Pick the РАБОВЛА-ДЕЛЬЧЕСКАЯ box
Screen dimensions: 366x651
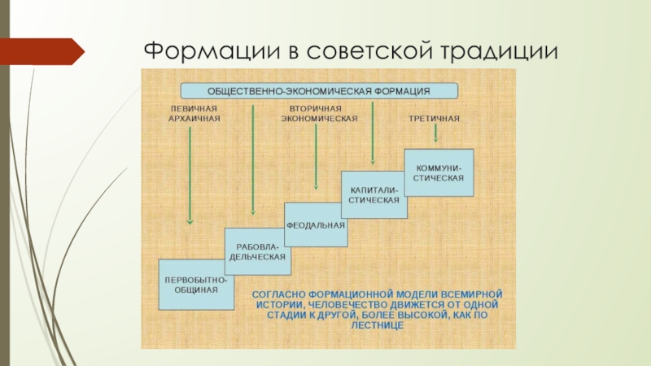click(x=256, y=251)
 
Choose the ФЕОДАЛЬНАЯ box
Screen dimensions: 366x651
click(x=316, y=224)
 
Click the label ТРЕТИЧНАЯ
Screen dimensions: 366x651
click(x=434, y=119)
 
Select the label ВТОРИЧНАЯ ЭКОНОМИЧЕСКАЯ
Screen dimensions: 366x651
click(x=319, y=113)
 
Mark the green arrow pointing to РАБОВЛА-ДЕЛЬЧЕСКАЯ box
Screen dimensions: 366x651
click(x=254, y=163)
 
